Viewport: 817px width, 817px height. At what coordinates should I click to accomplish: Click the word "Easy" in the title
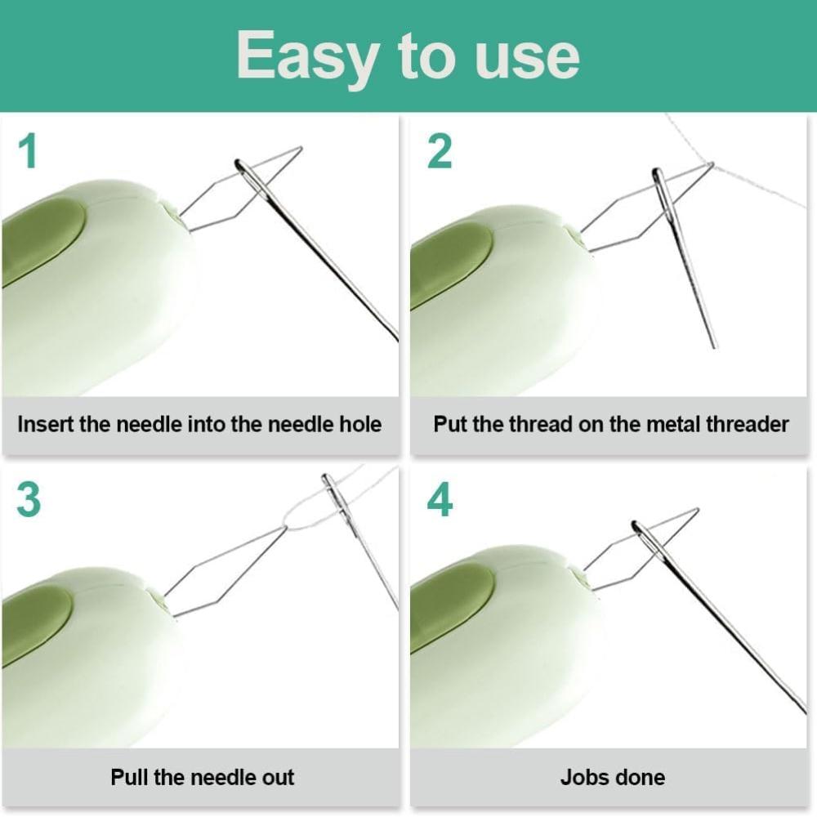click(307, 56)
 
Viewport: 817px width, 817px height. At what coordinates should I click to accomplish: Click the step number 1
click(29, 151)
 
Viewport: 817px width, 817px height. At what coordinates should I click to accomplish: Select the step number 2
click(440, 151)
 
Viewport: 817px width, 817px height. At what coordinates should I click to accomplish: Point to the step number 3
click(29, 500)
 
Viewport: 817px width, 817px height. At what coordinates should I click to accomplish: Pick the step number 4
click(440, 500)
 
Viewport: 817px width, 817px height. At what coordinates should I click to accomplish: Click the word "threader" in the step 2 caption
click(747, 425)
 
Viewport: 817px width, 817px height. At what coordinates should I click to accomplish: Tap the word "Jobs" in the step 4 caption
click(580, 776)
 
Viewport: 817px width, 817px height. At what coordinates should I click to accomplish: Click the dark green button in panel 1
click(41, 241)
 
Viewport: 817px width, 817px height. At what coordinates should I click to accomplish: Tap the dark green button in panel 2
click(449, 266)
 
